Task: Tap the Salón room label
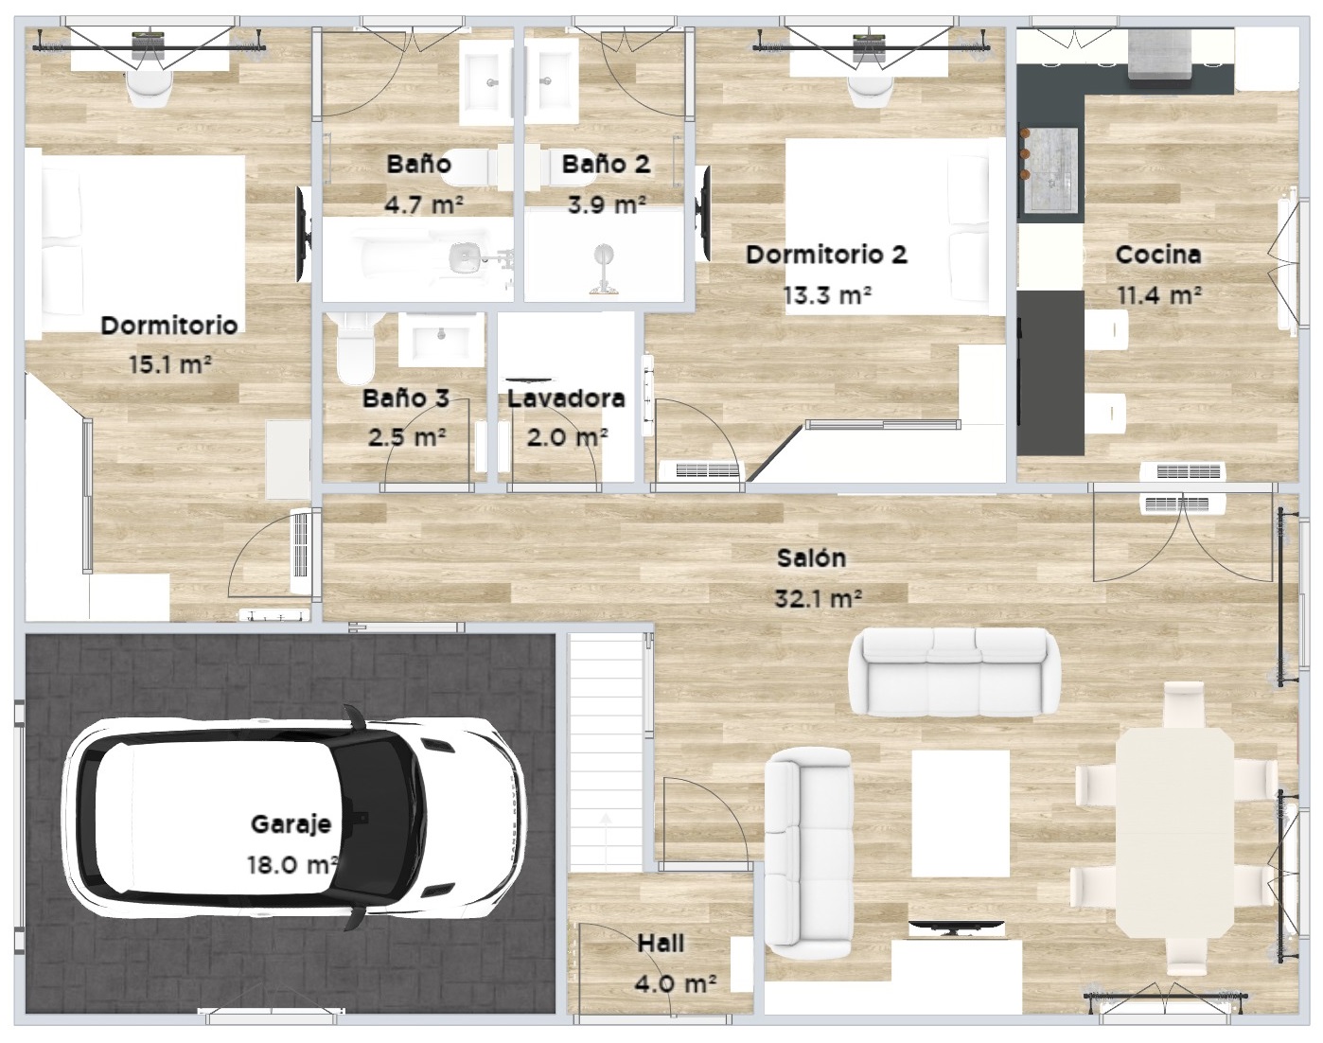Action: pos(812,557)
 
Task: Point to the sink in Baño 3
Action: pos(440,340)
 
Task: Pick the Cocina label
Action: pos(1158,254)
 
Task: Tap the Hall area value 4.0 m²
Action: pos(675,984)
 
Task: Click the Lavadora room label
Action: pos(566,399)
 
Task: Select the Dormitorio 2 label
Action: pos(826,254)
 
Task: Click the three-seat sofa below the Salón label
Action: pos(954,672)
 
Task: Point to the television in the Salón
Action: pos(956,927)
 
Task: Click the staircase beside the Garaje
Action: pos(606,751)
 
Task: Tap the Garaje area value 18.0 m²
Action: pos(292,865)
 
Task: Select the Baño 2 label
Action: pos(606,164)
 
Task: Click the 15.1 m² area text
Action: pos(170,364)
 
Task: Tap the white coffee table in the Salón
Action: pos(961,813)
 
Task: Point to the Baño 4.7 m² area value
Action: pos(424,204)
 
